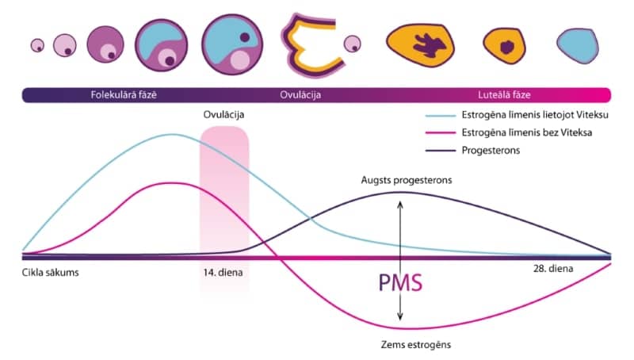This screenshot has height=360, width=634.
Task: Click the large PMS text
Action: (x=399, y=283)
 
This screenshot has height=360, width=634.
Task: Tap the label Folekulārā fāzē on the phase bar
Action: (x=124, y=95)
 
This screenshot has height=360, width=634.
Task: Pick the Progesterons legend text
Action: (x=491, y=150)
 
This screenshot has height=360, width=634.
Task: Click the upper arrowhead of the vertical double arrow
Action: (x=399, y=203)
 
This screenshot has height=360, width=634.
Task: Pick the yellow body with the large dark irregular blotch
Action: (x=420, y=44)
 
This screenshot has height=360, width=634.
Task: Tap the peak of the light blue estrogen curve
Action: (x=172, y=135)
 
